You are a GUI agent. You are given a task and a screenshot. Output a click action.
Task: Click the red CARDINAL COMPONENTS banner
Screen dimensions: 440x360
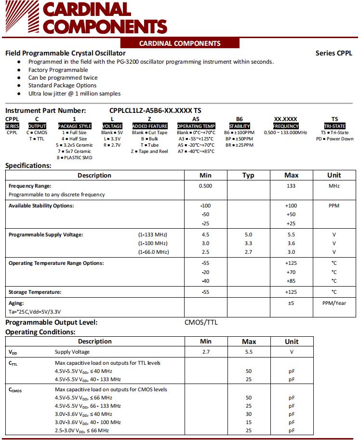click(x=179, y=43)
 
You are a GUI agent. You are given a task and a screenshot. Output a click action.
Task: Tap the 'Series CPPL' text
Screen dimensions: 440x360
click(x=334, y=53)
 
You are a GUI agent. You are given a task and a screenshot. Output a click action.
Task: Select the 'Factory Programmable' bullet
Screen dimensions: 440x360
click(x=58, y=70)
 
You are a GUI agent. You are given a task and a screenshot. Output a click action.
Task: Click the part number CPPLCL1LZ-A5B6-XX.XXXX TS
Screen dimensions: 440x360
click(x=155, y=110)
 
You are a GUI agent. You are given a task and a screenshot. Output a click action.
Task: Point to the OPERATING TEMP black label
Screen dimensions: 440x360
click(x=196, y=126)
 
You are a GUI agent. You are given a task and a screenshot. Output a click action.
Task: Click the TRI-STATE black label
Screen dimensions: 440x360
click(x=334, y=126)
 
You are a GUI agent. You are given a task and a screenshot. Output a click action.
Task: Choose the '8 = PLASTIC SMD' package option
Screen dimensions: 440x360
click(x=74, y=158)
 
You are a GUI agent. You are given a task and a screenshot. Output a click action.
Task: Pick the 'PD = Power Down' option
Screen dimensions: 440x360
click(x=334, y=139)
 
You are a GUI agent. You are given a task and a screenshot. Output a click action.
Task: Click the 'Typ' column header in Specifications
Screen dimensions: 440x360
click(x=248, y=175)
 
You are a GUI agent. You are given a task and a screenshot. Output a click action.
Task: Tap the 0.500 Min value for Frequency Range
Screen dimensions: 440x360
click(x=206, y=186)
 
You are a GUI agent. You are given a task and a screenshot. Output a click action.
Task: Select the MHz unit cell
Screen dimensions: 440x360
click(x=334, y=186)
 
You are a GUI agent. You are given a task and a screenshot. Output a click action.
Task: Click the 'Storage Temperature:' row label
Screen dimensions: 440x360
click(x=35, y=292)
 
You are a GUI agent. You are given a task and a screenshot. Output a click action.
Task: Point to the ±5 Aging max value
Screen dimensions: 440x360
click(x=291, y=303)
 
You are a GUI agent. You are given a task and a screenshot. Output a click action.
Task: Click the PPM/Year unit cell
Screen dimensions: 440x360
click(x=334, y=303)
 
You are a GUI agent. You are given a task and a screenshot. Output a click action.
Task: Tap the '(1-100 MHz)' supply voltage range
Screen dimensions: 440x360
click(x=153, y=243)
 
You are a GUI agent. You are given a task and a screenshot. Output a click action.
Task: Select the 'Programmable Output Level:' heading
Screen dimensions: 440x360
click(x=51, y=322)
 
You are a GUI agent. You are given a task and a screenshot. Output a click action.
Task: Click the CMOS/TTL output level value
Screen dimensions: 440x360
click(x=201, y=322)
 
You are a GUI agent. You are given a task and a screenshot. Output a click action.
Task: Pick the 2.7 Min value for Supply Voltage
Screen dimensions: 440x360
click(x=206, y=352)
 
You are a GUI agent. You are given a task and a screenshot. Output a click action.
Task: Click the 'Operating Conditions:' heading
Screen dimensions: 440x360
click(x=40, y=332)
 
